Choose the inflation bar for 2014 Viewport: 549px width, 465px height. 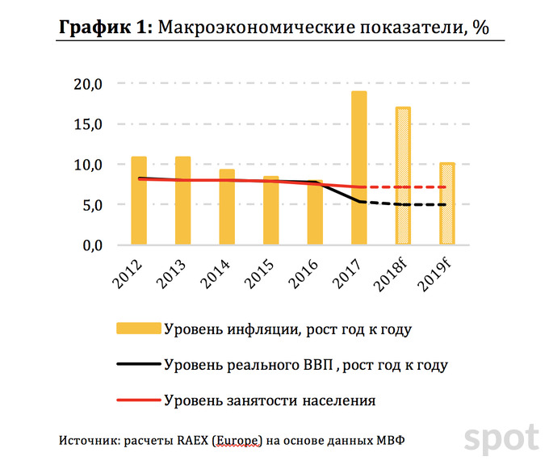tap(227, 207)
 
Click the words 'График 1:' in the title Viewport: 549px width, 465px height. tap(103, 27)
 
